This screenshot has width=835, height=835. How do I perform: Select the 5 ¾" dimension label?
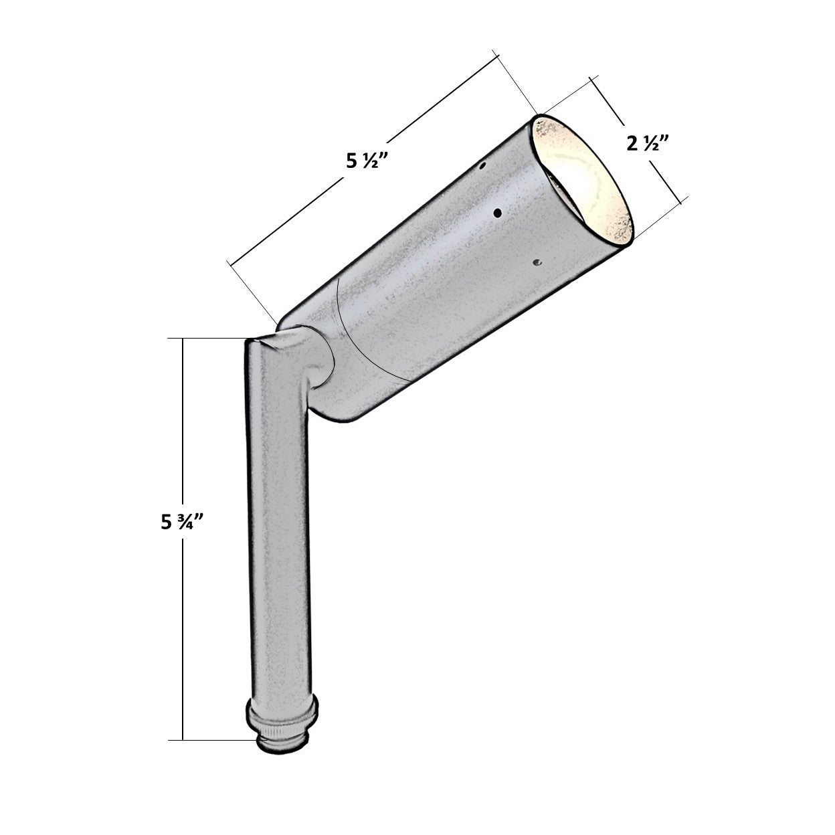(x=182, y=523)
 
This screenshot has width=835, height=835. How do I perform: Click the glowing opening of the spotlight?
(x=583, y=181)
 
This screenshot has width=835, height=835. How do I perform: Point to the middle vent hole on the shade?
(x=498, y=213)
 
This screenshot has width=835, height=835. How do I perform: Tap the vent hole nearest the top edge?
(x=482, y=165)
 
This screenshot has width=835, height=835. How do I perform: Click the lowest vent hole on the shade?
(x=537, y=262)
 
